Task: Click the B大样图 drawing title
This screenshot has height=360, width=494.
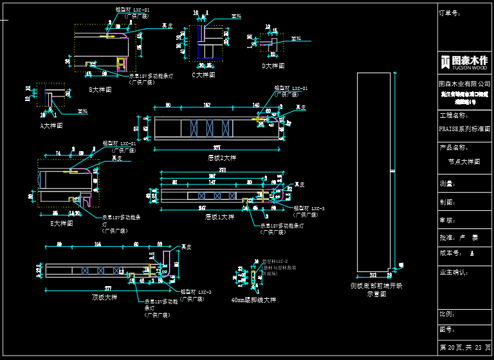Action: click(x=100, y=90)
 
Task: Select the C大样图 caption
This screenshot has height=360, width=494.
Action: click(x=203, y=75)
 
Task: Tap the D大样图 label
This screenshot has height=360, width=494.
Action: click(x=273, y=66)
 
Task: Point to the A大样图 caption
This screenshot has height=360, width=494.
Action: click(x=51, y=126)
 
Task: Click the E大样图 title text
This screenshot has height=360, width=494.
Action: click(x=62, y=224)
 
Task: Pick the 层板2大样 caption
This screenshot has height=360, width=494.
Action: click(x=221, y=157)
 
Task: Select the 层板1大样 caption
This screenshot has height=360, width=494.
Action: click(x=220, y=217)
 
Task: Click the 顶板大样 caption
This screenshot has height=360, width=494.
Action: click(x=105, y=298)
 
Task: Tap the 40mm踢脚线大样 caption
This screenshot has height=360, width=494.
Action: click(x=253, y=300)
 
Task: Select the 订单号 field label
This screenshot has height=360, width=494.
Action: click(x=450, y=12)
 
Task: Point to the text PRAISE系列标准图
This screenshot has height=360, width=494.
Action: click(x=464, y=129)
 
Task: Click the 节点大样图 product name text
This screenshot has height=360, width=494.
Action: click(x=464, y=162)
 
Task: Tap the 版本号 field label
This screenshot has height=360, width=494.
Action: click(x=450, y=253)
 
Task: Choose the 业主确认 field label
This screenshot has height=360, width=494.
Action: click(x=452, y=272)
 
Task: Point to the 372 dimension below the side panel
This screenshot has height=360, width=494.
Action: click(x=374, y=273)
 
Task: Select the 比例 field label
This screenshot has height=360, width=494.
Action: click(x=446, y=314)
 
